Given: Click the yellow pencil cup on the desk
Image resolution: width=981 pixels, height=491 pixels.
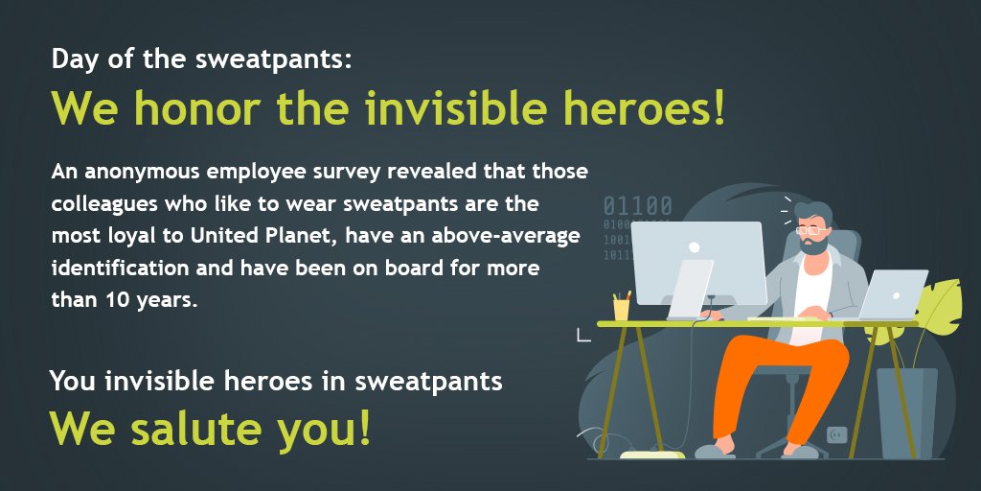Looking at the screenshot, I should (622, 309).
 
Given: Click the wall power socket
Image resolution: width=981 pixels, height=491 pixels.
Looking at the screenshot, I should (837, 434).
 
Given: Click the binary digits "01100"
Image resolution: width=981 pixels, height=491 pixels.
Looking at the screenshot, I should (637, 206).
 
